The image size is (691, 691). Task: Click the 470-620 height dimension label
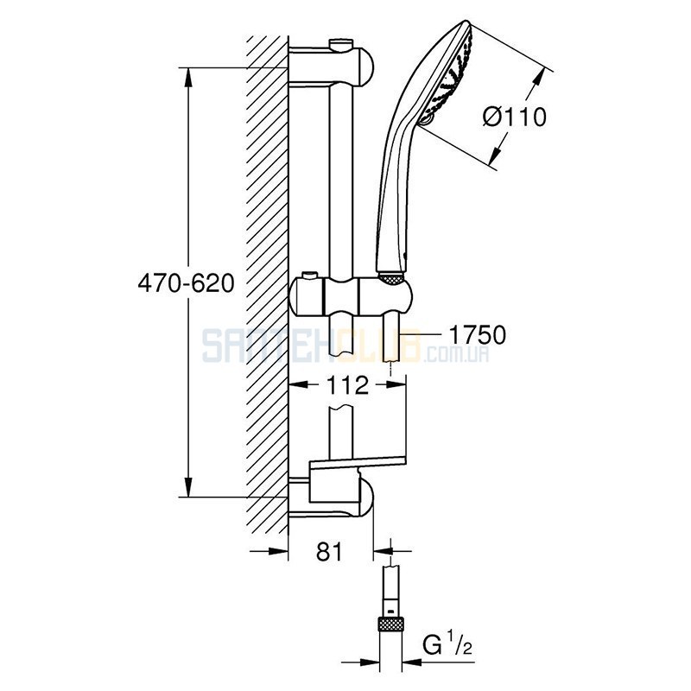tap(186, 283)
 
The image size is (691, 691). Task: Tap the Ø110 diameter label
tap(514, 117)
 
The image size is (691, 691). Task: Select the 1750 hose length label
tap(478, 335)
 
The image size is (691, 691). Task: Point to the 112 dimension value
tap(347, 385)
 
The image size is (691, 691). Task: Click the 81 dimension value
tap(329, 551)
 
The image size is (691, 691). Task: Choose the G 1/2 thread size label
tap(447, 644)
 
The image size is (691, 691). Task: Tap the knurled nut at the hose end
tap(391, 624)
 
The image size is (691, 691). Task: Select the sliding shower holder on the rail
tap(352, 295)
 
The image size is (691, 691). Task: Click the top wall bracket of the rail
tap(332, 67)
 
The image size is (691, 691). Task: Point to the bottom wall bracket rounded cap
tap(365, 499)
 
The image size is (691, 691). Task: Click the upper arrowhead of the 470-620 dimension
tap(188, 78)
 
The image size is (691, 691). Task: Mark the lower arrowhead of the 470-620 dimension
tap(188, 487)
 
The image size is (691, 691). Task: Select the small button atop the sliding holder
tap(309, 276)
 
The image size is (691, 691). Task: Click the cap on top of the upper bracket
tap(340, 43)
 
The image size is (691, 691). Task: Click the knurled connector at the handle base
tap(391, 278)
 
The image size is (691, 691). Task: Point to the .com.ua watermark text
tap(456, 353)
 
